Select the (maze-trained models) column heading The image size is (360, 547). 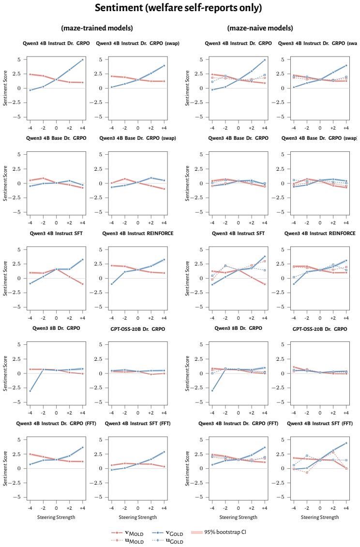97,28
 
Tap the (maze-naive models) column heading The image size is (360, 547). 260,28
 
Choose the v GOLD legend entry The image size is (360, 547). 167,532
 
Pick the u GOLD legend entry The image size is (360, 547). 167,541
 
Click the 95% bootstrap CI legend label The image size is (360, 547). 225,532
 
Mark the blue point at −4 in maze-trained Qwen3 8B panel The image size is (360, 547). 30,391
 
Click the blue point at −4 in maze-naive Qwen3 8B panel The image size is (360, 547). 212,390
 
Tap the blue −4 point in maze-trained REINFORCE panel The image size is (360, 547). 111,284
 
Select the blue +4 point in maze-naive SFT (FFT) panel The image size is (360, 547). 346,443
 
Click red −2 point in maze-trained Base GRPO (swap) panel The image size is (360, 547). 125,178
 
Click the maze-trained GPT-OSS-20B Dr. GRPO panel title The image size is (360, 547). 138,329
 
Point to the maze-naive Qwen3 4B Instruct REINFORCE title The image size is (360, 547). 320,234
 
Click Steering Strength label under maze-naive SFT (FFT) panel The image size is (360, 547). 320,517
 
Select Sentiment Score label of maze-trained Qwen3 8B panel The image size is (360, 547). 5,373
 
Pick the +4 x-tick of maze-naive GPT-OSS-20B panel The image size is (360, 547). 346,413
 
